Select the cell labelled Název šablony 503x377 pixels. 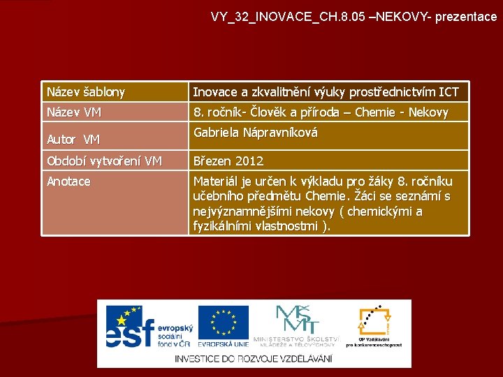pos(86,91)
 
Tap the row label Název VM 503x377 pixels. pos(74,112)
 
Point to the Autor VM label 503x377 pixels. pos(73,140)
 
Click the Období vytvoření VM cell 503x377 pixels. pos(104,161)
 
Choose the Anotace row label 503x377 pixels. pos(68,182)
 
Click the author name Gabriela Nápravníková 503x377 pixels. pos(256,132)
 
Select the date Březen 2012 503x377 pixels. pos(228,161)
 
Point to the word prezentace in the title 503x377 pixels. pos(466,16)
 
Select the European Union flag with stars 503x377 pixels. pos(223,322)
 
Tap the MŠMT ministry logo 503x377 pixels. pos(298,322)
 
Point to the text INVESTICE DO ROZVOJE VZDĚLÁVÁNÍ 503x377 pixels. pos(254,358)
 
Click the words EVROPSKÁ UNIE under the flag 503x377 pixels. pos(223,344)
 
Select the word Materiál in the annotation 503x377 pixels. pos(216,182)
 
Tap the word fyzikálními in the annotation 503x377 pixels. pos(222,226)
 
